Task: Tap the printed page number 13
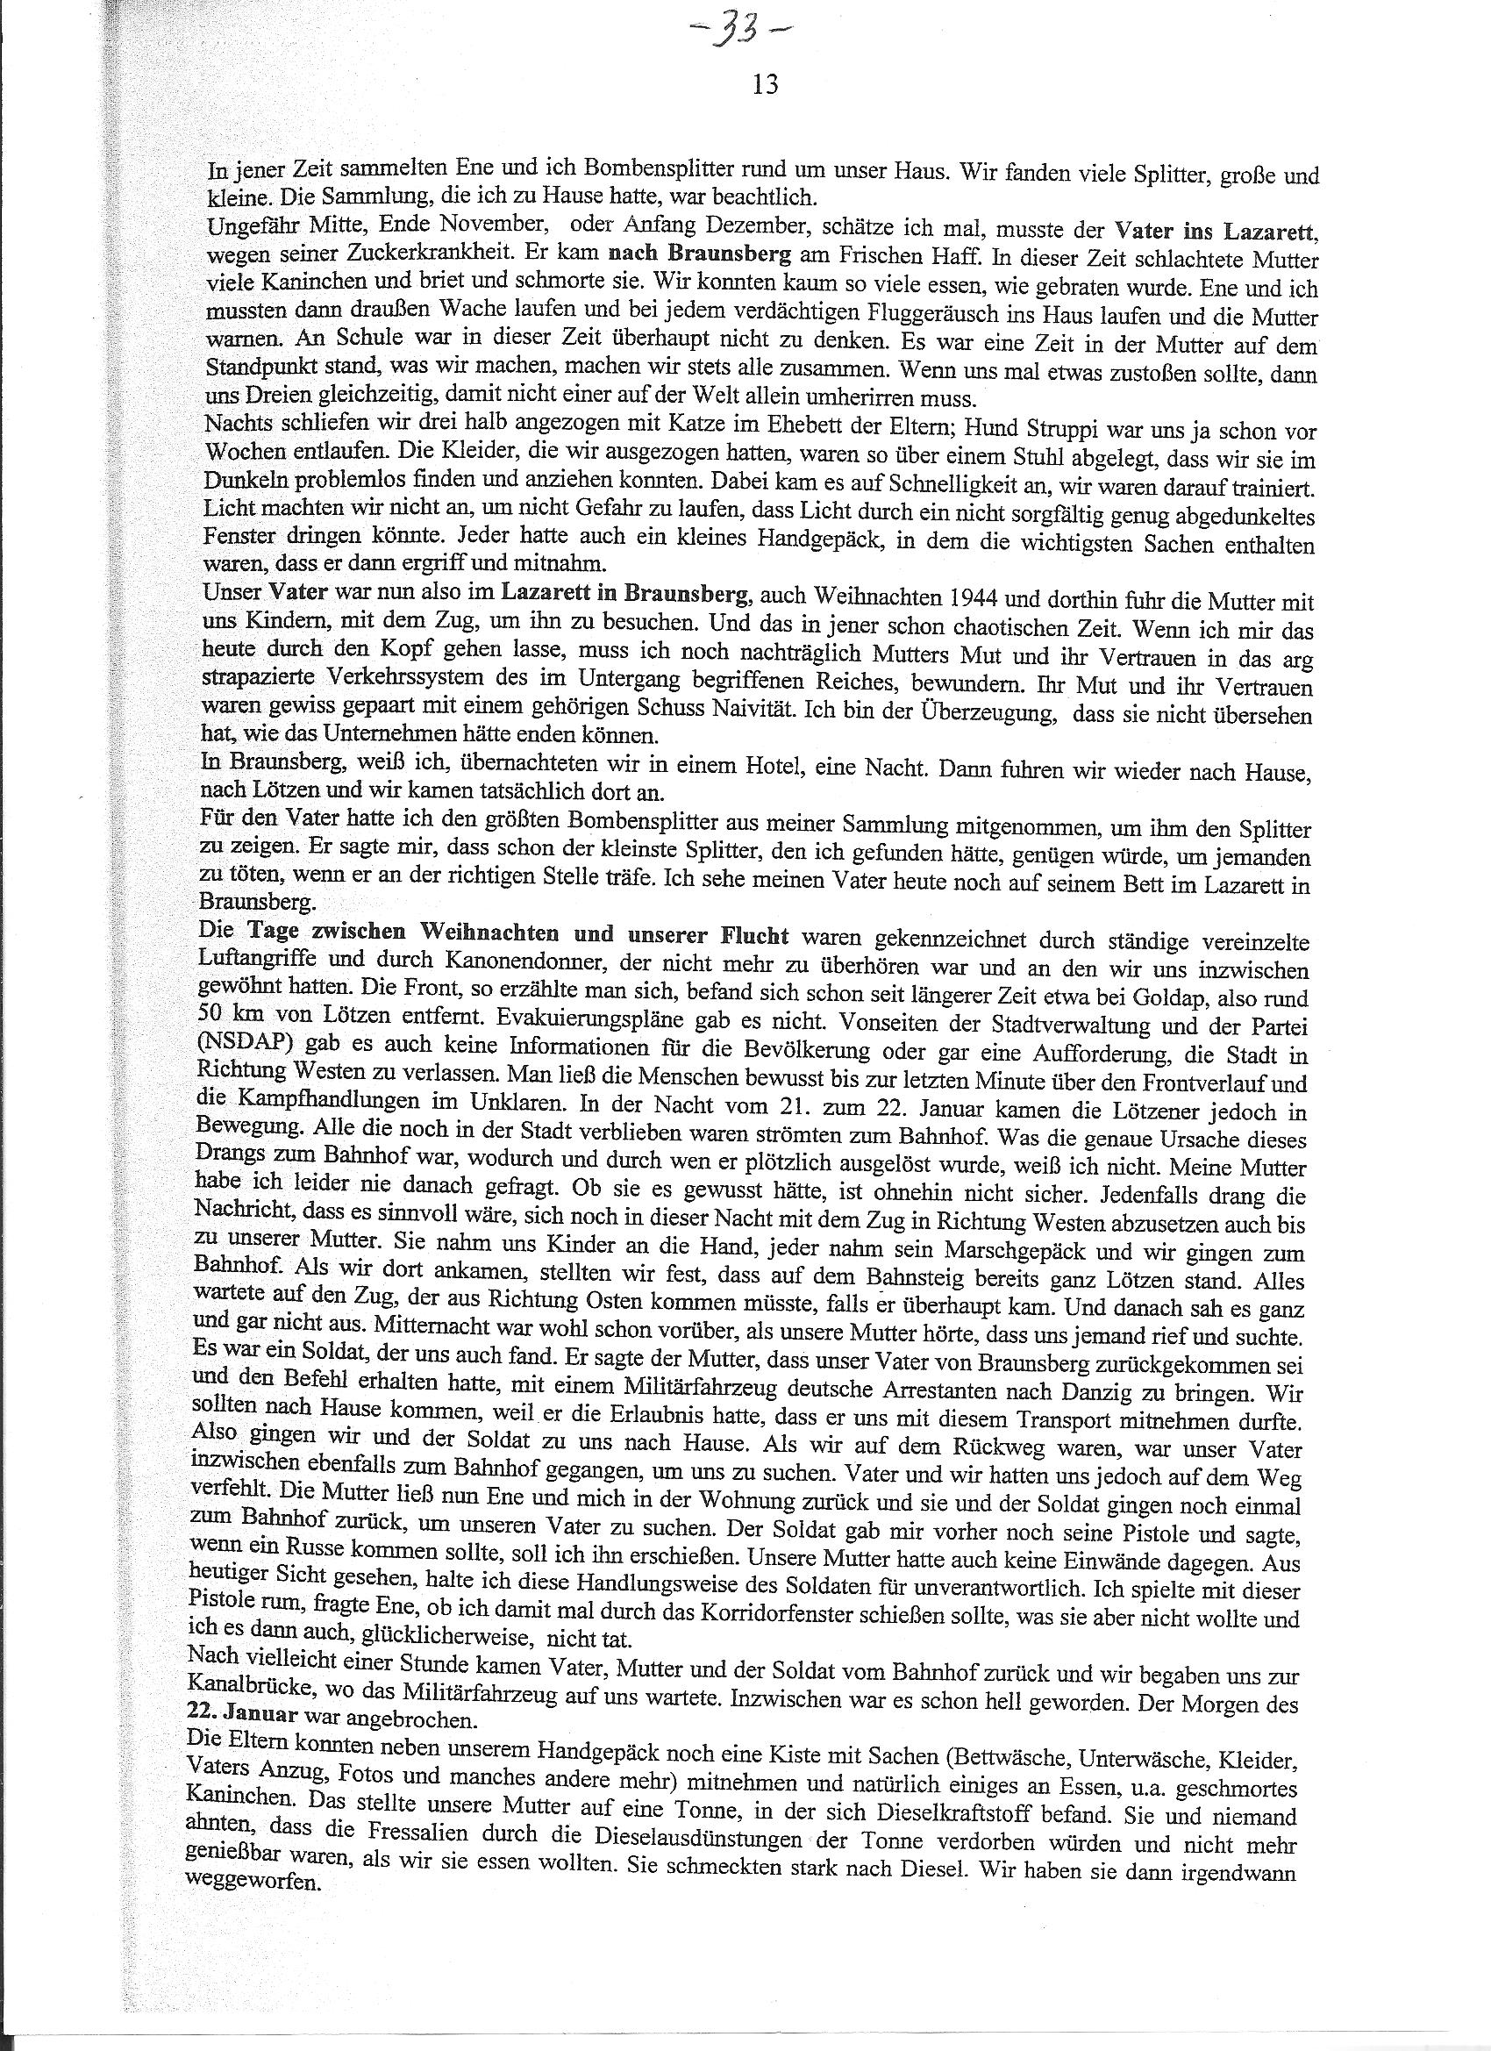point(765,85)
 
